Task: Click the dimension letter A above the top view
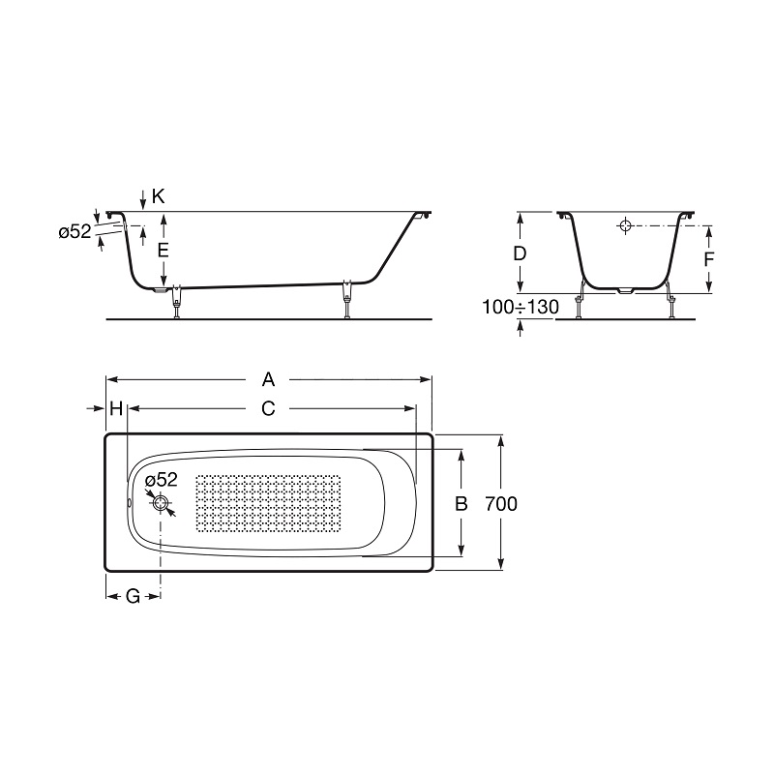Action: coord(268,379)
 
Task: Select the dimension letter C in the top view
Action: coord(268,408)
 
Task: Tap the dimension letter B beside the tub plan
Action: coord(461,504)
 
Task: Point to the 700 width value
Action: coord(501,504)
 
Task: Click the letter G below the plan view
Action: coord(134,596)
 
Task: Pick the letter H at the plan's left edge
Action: coord(116,408)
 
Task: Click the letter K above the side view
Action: coord(158,196)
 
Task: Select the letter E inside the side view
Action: coord(163,251)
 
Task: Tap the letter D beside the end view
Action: coord(520,253)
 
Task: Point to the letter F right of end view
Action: coord(709,259)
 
